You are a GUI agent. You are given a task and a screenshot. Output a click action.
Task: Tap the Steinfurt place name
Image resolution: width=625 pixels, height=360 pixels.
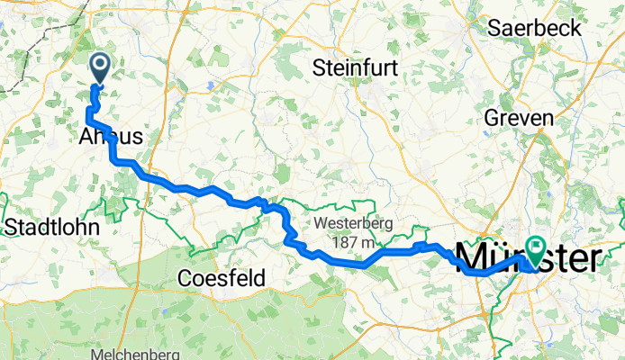click(x=355, y=67)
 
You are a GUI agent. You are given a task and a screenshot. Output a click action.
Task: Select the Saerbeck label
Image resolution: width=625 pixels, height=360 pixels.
click(x=532, y=27)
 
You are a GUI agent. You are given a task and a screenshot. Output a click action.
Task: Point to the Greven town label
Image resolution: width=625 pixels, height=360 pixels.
click(x=520, y=118)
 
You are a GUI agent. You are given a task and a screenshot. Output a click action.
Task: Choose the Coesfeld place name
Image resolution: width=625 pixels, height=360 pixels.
click(x=222, y=279)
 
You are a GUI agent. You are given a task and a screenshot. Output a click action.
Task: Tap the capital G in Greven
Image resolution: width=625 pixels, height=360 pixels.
click(x=493, y=118)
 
